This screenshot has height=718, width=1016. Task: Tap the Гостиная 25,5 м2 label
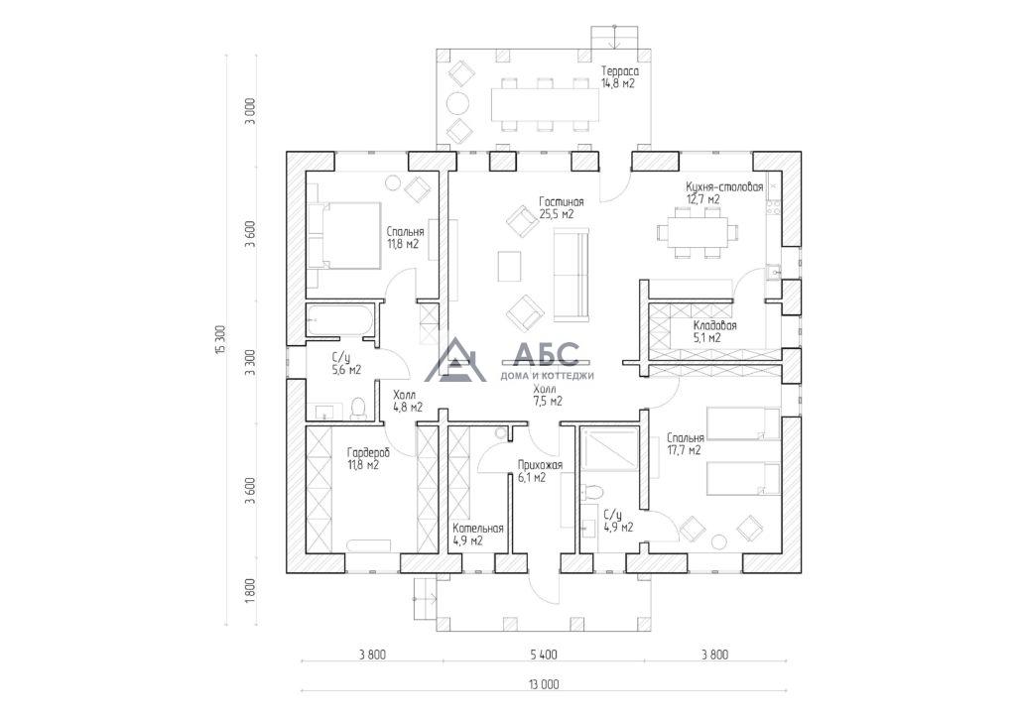562,208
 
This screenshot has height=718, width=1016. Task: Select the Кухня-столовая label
724,186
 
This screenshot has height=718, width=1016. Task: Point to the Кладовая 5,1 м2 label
714,331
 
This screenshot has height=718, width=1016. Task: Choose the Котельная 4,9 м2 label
478,535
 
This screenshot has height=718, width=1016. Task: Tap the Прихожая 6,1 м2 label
540,471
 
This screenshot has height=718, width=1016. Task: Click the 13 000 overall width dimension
545,683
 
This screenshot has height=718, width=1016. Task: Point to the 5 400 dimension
544,655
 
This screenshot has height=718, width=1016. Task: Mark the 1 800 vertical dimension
251,591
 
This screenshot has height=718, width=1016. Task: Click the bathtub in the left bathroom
339,320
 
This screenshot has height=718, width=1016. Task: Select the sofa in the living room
571,275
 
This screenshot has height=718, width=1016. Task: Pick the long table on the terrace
545,103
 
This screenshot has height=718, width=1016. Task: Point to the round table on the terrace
459,103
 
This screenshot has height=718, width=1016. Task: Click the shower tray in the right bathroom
609,448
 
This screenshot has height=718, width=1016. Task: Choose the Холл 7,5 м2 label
548,395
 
